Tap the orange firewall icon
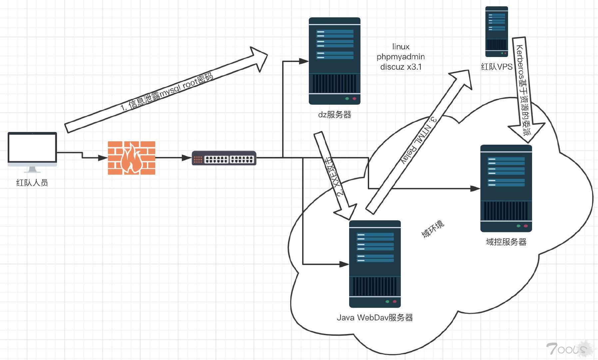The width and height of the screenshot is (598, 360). click(x=132, y=158)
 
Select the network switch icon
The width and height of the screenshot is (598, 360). click(x=224, y=158)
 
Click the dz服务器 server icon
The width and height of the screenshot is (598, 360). click(x=334, y=61)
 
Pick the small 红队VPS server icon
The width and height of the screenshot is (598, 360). click(x=496, y=32)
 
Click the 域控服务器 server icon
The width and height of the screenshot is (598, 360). click(x=506, y=188)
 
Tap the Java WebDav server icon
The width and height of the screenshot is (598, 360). click(x=375, y=264)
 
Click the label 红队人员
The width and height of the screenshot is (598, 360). click(x=32, y=183)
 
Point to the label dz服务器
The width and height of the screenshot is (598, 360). click(x=334, y=115)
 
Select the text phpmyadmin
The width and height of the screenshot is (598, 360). click(x=400, y=57)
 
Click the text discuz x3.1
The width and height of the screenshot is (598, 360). click(x=401, y=67)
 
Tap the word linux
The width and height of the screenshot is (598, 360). click(x=401, y=47)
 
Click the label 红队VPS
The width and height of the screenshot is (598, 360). click(x=497, y=67)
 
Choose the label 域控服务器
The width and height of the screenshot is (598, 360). click(x=506, y=242)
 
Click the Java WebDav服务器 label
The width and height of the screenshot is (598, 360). click(x=375, y=318)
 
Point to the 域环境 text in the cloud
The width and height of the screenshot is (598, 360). click(x=433, y=229)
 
